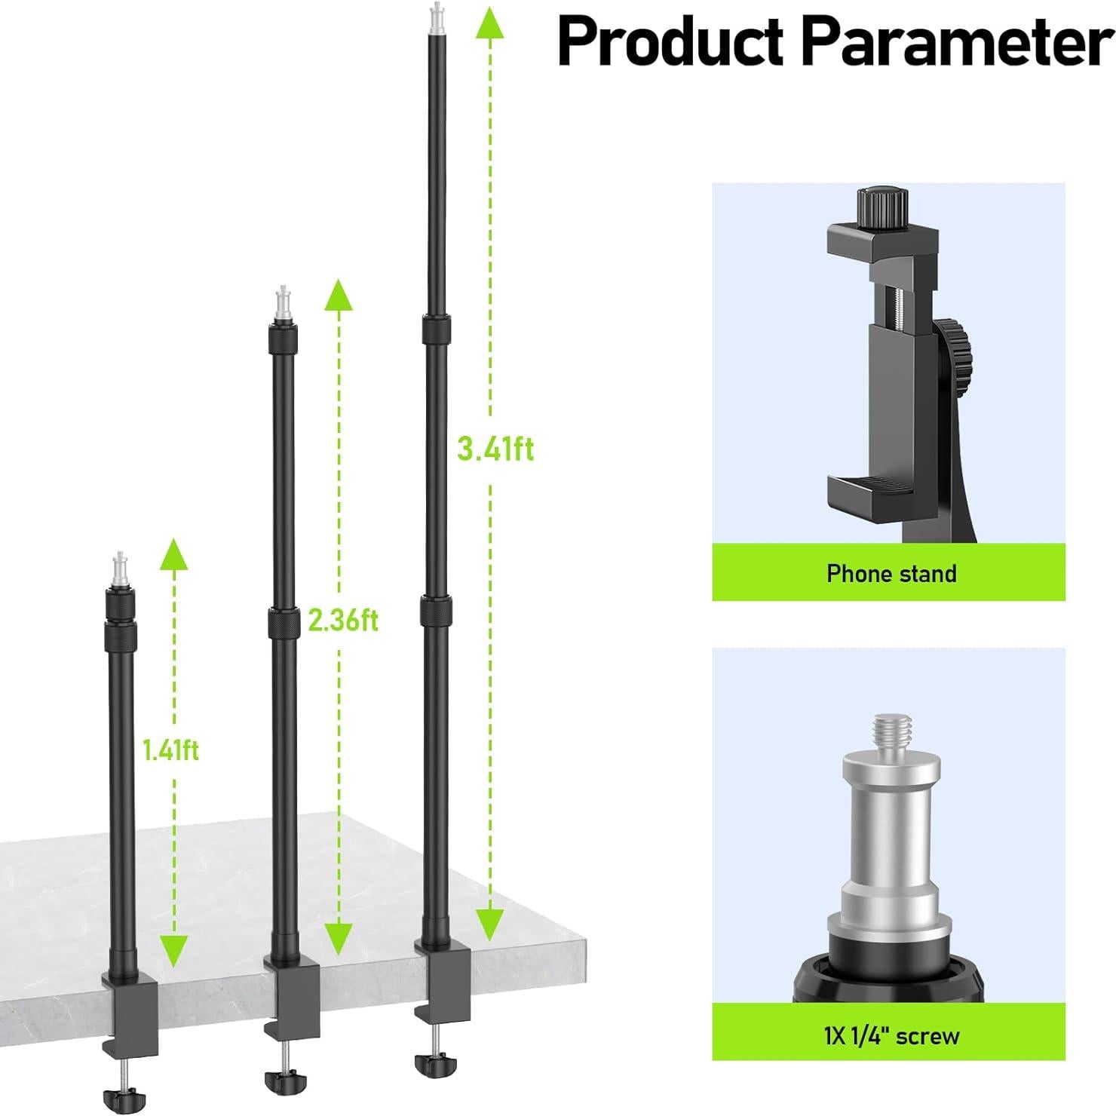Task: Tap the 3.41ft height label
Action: tap(495, 449)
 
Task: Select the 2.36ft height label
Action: tap(343, 621)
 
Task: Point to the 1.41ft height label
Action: tap(171, 750)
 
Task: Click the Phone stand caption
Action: tap(891, 574)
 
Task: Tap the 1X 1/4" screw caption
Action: tap(891, 1035)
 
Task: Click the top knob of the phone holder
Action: tap(881, 204)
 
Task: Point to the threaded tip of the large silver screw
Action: tap(892, 735)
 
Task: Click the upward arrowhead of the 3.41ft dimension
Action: tap(490, 23)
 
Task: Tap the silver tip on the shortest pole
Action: tap(119, 566)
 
